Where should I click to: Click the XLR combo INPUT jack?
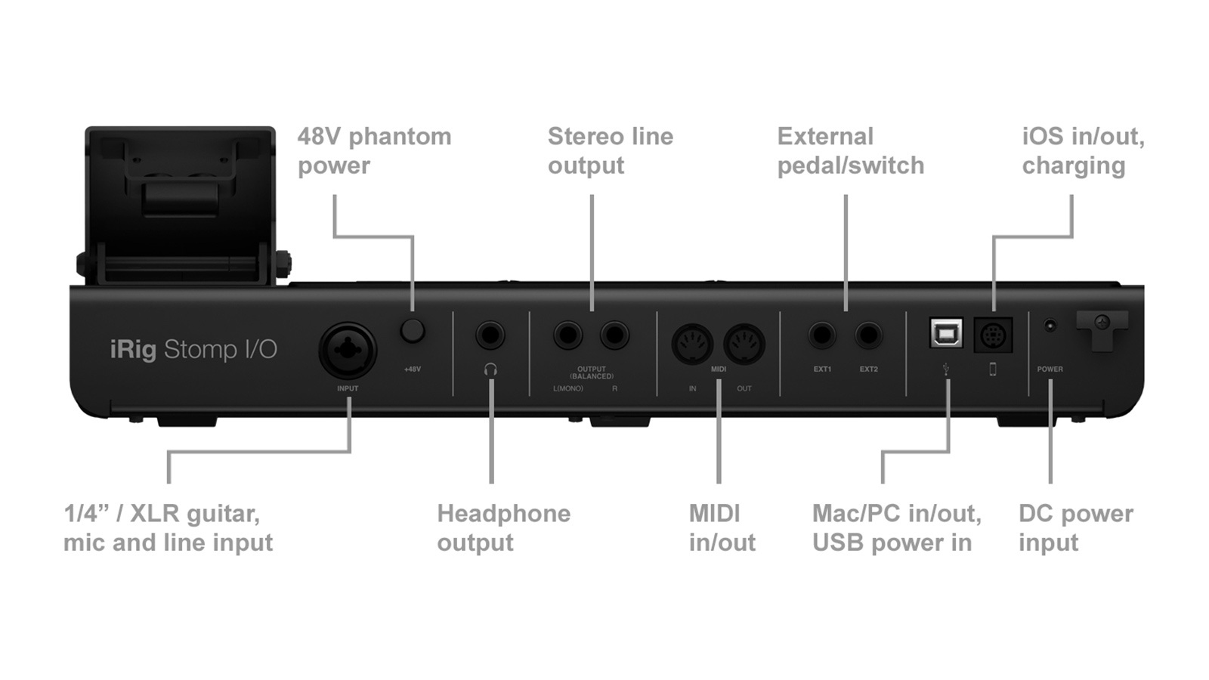tap(347, 350)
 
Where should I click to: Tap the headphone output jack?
tap(490, 334)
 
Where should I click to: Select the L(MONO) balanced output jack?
tap(567, 334)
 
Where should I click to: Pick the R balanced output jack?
tap(614, 334)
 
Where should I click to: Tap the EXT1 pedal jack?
tap(822, 334)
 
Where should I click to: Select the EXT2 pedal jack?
tap(868, 334)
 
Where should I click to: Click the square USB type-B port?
tap(946, 332)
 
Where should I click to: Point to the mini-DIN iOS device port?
tap(993, 335)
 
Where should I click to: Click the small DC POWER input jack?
tap(1050, 326)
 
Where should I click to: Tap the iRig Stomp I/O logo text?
tap(193, 349)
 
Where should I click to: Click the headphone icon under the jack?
tap(490, 369)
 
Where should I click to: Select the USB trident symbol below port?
tap(946, 369)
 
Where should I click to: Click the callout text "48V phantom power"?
tap(374, 150)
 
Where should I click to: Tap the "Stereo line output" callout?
tap(610, 150)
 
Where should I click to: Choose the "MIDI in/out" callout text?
tap(722, 527)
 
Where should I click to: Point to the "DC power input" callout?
tap(1075, 527)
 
